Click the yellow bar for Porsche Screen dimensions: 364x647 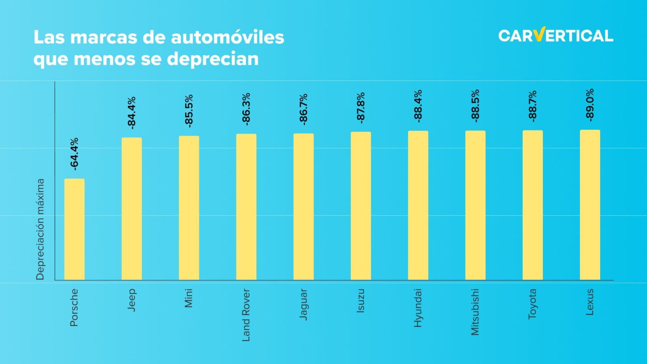(x=74, y=229)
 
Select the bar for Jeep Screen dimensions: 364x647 (x=131, y=209)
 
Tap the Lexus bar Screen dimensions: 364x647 (x=590, y=205)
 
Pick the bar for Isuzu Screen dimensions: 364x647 (x=361, y=206)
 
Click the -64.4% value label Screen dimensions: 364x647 (x=74, y=154)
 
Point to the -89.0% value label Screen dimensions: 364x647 (x=590, y=105)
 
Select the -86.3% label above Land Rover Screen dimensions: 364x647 (x=246, y=109)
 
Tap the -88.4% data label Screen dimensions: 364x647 (x=418, y=106)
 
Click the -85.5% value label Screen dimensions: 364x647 (x=189, y=111)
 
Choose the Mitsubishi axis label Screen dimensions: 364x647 (x=475, y=312)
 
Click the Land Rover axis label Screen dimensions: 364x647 (x=246, y=315)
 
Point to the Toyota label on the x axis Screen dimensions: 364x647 (x=532, y=304)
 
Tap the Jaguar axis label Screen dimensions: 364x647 (x=303, y=304)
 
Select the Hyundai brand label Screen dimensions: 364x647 (x=418, y=308)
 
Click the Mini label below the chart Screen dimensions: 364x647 (x=189, y=298)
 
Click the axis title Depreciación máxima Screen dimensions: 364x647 (x=40, y=229)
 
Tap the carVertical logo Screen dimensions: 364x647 (x=556, y=35)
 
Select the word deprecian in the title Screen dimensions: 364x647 (x=213, y=59)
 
